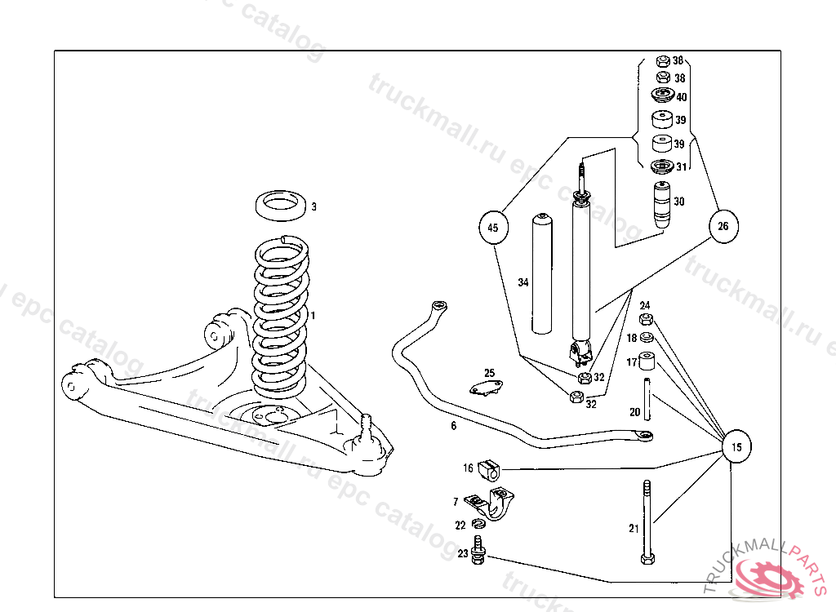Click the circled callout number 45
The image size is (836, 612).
click(x=492, y=228)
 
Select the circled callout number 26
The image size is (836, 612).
click(x=723, y=226)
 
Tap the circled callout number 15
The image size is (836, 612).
click(x=736, y=446)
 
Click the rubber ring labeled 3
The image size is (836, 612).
click(x=282, y=206)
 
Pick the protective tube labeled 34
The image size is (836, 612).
click(x=541, y=274)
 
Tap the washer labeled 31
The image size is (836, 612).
click(x=661, y=167)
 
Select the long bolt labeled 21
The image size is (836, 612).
click(x=647, y=522)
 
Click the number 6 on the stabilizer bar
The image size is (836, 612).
click(x=453, y=425)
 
